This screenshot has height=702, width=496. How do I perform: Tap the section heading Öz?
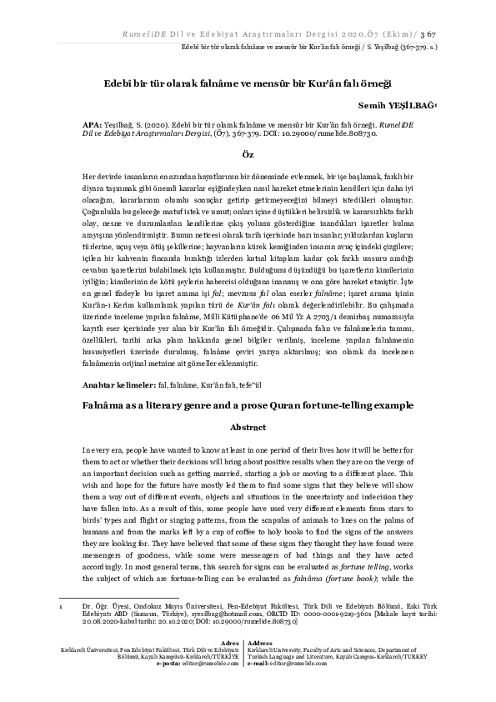pos(248,156)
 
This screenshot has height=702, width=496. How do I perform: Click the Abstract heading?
pos(247,426)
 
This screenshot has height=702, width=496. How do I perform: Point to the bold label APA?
pos(91,123)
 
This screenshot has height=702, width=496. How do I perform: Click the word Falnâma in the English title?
pos(106,404)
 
